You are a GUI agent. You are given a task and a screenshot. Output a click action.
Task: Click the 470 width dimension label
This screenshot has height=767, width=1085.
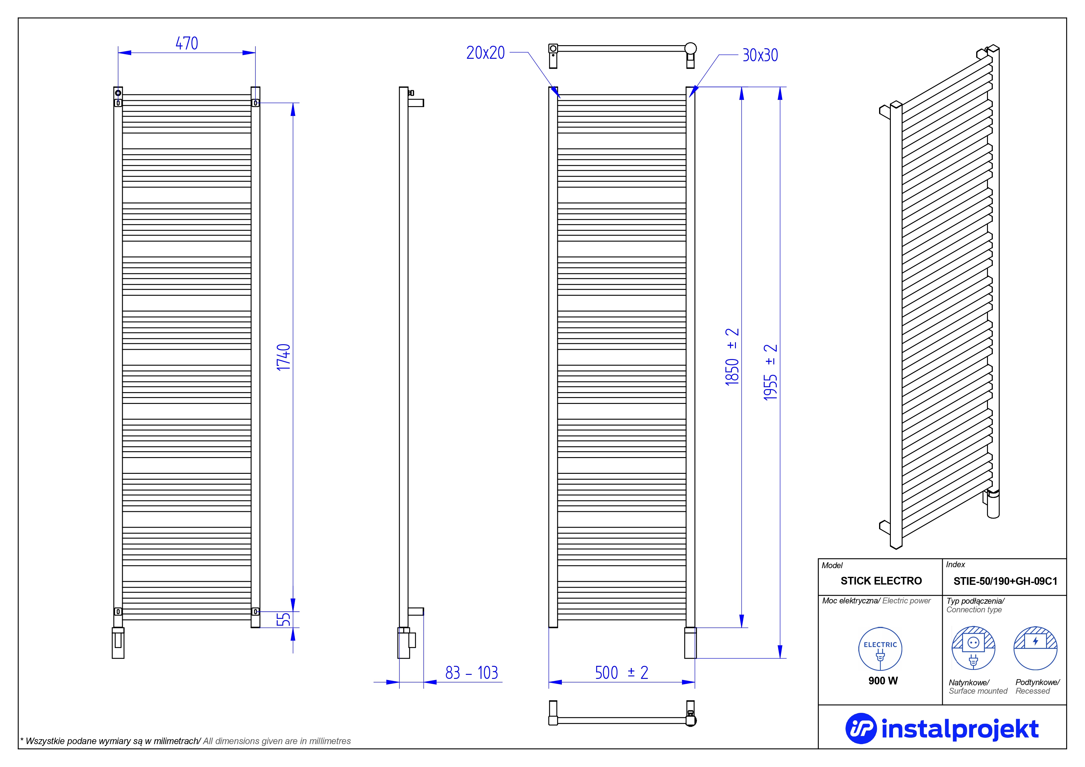(x=187, y=44)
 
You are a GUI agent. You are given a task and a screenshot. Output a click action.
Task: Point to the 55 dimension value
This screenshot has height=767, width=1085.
(x=284, y=619)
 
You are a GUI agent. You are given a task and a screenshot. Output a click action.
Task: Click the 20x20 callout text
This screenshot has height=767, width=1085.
(x=485, y=53)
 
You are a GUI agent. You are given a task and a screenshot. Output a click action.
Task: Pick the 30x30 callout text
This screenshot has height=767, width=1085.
(x=760, y=56)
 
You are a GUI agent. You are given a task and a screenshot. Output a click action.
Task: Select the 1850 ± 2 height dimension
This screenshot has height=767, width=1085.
(x=732, y=357)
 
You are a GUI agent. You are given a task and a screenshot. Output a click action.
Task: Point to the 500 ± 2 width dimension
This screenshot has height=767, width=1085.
(x=622, y=672)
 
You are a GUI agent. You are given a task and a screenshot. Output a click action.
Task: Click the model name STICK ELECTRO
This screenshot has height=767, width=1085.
(x=881, y=581)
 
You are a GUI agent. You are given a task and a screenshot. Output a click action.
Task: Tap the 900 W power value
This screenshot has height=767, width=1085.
(x=883, y=680)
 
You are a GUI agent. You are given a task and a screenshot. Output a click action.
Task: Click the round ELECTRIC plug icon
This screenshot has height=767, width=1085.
(x=880, y=649)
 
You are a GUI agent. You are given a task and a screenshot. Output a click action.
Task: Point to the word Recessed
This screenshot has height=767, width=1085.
(x=1032, y=691)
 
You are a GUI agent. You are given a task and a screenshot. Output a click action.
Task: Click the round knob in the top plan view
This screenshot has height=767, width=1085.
(x=690, y=48)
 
